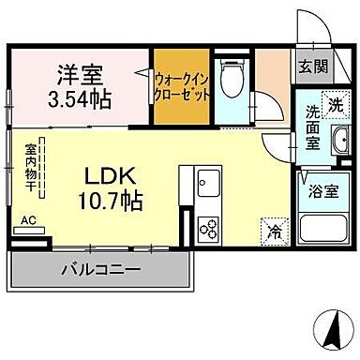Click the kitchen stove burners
(x=208, y=230)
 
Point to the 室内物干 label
(x=31, y=164)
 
